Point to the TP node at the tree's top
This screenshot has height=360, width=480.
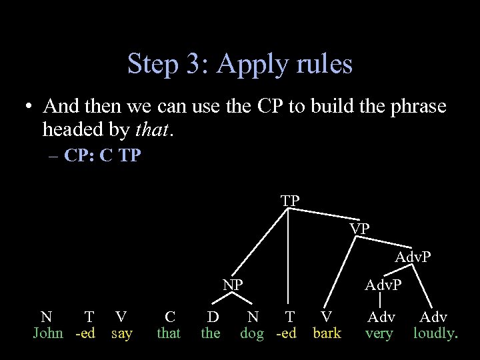click(290, 200)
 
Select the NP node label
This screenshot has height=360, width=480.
click(233, 285)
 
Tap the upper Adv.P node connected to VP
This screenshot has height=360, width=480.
click(413, 257)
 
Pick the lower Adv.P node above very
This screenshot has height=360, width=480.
click(383, 285)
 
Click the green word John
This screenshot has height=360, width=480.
click(48, 333)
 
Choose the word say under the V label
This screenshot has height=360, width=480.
click(121, 333)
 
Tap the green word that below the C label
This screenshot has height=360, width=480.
click(169, 333)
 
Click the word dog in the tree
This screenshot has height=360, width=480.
click(253, 333)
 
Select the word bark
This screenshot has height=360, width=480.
click(327, 333)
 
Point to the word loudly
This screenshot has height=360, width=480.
click(435, 333)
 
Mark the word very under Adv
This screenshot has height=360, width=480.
click(379, 333)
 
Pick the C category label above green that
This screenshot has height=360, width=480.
click(170, 317)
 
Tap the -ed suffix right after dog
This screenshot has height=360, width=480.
click(287, 333)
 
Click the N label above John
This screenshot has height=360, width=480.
click(46, 317)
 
